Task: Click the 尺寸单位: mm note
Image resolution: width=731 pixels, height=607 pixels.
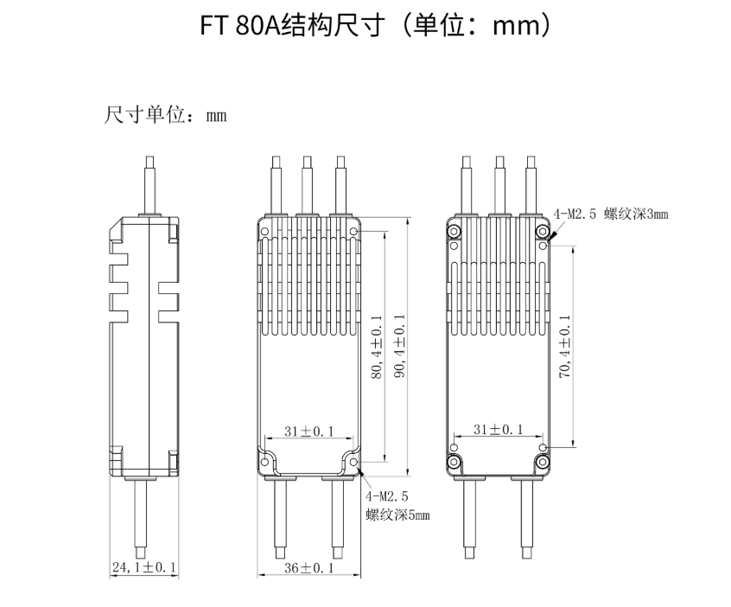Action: [164, 115]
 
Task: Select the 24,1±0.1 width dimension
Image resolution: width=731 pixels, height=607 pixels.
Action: [143, 568]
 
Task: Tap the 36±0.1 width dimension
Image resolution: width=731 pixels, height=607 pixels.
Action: [308, 568]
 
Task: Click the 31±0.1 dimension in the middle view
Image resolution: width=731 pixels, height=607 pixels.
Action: [308, 430]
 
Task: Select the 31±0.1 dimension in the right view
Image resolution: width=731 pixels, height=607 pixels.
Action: [499, 430]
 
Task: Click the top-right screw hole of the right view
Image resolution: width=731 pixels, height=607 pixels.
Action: [543, 229]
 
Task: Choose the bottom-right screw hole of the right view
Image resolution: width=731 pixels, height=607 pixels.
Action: [543, 463]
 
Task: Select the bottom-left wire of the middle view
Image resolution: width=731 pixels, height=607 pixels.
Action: [281, 519]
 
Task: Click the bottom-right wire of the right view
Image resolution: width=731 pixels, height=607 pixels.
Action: [525, 519]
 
